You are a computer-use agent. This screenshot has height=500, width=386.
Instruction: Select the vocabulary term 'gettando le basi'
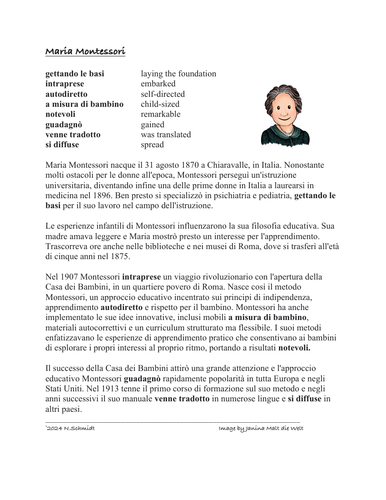[x=76, y=74]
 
